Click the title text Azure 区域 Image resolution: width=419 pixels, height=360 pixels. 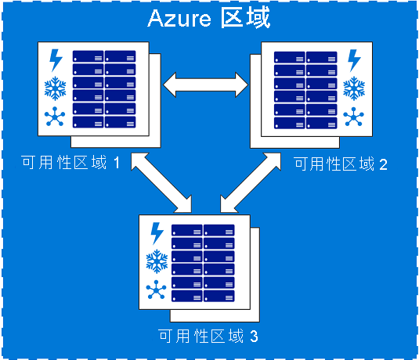(x=209, y=18)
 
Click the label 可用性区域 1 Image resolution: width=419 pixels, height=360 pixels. (x=71, y=164)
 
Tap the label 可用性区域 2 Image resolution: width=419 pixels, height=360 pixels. (x=339, y=164)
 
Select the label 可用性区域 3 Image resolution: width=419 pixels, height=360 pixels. (x=208, y=337)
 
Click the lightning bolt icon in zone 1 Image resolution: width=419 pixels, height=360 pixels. (x=56, y=60)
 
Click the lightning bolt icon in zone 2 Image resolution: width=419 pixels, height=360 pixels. (x=354, y=60)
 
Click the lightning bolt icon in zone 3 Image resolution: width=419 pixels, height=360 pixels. (x=157, y=233)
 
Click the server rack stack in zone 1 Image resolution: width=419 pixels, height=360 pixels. (x=104, y=90)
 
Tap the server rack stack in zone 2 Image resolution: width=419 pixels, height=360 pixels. (x=306, y=90)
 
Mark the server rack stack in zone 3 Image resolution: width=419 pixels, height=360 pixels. (x=204, y=263)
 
